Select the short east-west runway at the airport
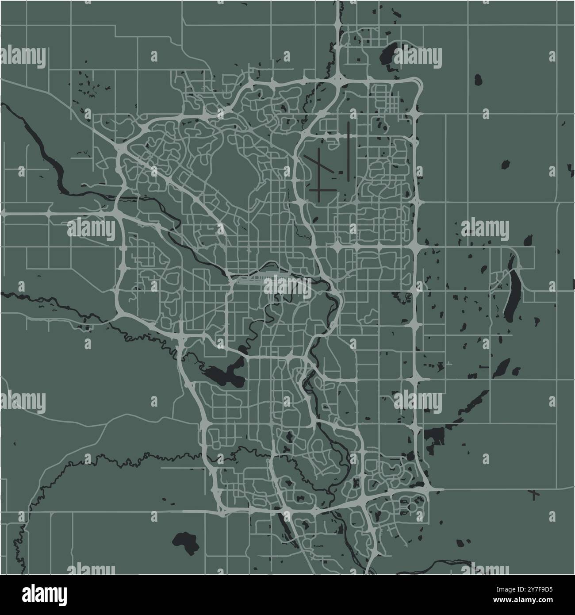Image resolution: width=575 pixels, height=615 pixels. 322,190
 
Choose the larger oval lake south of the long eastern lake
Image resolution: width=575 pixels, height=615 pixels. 502,368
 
